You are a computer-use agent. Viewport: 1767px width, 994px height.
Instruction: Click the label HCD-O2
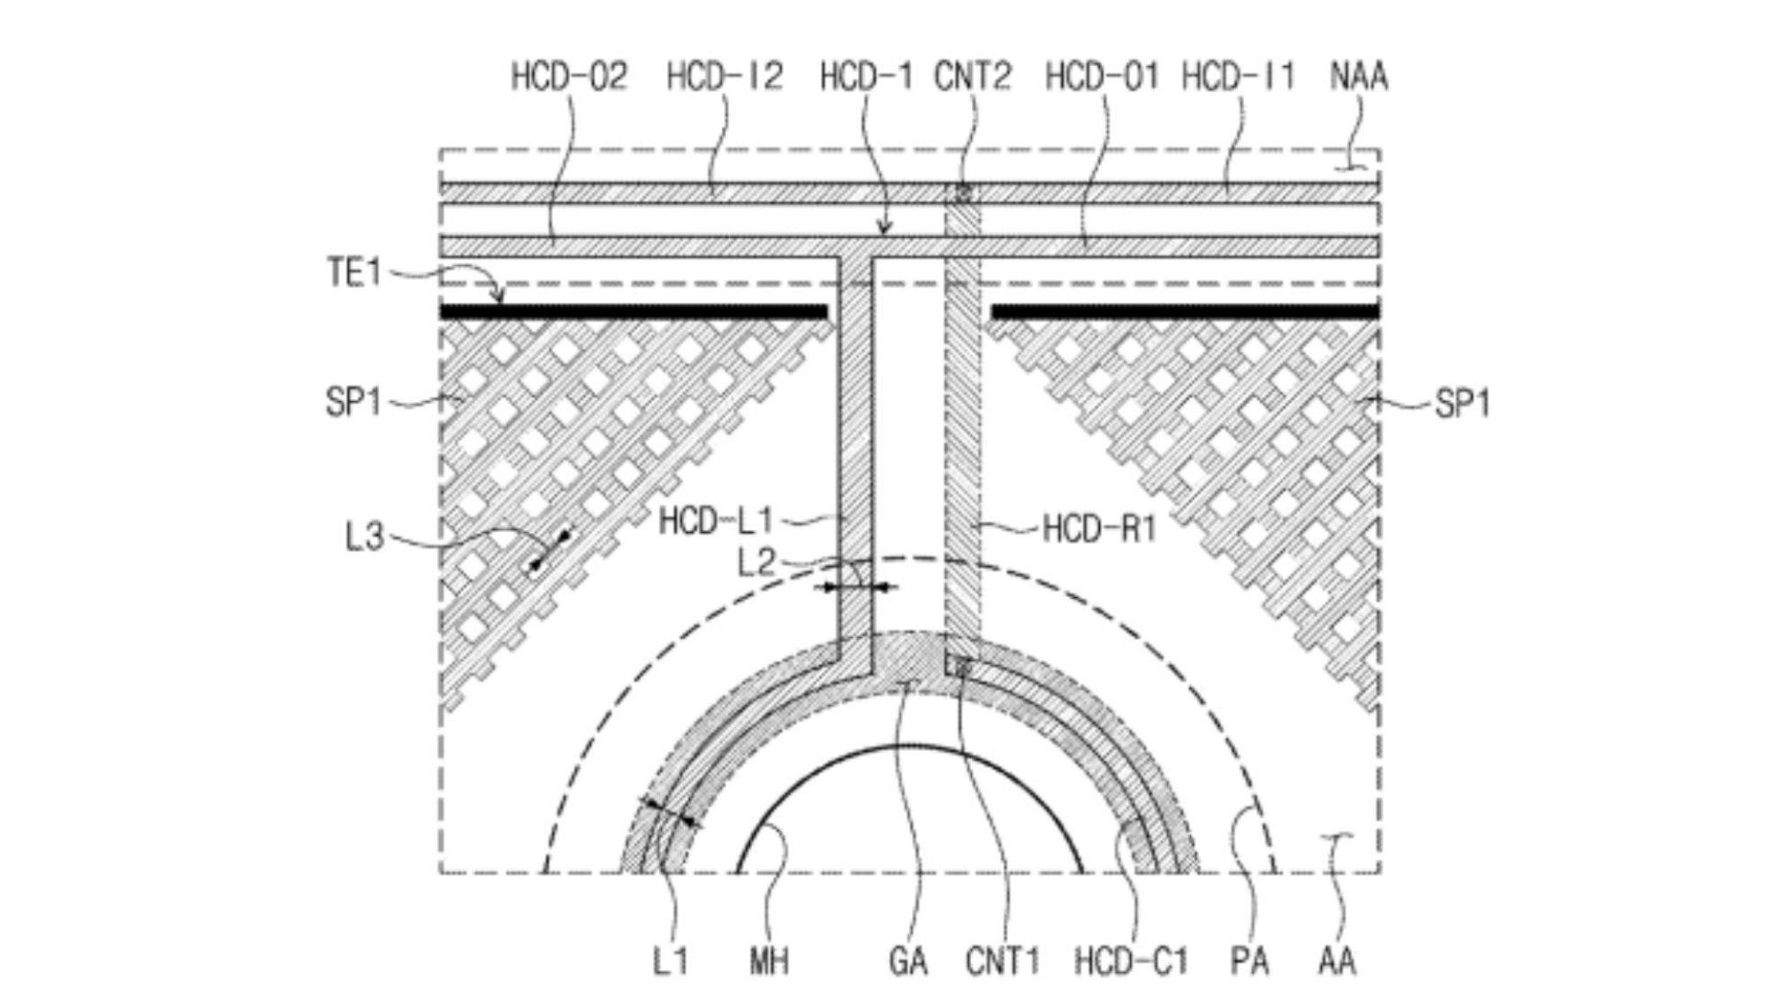[x=570, y=77]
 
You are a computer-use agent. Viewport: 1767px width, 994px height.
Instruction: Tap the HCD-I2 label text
[x=724, y=77]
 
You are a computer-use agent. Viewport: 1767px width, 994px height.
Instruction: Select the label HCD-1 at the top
[x=866, y=77]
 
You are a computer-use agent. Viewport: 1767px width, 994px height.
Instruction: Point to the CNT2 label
[x=973, y=77]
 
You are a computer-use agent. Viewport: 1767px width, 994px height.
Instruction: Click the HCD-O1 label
[x=1102, y=77]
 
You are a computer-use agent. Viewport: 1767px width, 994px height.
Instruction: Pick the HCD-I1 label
[x=1238, y=77]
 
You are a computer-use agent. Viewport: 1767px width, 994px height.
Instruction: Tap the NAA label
[x=1359, y=77]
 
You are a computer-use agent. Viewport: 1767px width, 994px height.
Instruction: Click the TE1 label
[x=354, y=272]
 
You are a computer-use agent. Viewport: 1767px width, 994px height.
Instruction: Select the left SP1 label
[x=353, y=403]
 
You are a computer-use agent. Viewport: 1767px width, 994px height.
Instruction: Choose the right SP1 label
[x=1463, y=405]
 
